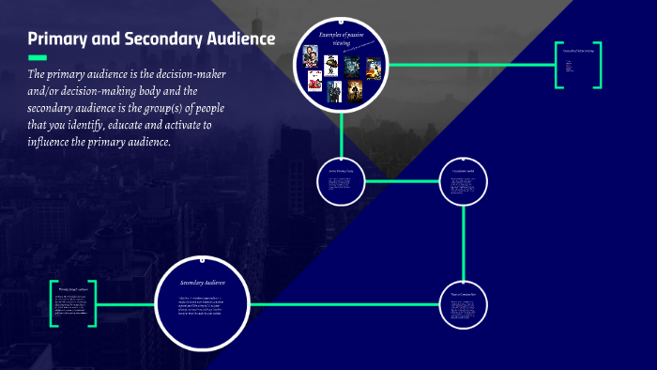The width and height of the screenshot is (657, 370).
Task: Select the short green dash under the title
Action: (37, 57)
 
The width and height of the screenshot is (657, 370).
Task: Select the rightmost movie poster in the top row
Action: (373, 67)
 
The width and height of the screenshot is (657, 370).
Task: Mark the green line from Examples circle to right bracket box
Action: (469, 65)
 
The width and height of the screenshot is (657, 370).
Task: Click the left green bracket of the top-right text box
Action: (558, 66)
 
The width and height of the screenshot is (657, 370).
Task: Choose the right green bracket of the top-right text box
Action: (598, 66)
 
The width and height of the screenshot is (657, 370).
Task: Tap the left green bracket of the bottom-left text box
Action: (54, 303)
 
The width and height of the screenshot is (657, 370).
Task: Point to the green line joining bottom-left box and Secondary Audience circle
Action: (125, 304)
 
